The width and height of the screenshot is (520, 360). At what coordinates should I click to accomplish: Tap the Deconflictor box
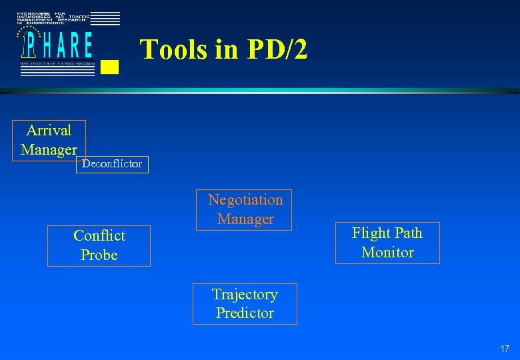point(112,164)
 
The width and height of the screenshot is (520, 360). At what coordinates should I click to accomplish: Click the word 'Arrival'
point(49,130)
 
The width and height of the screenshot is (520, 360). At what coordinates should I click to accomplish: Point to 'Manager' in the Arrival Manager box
point(49,150)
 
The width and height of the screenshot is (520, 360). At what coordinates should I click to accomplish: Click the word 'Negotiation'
point(245,200)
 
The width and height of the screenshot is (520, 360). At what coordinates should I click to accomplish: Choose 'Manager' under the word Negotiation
point(245,219)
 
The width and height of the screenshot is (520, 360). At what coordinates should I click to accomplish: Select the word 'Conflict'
point(99,236)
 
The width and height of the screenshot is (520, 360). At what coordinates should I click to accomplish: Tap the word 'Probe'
point(99,255)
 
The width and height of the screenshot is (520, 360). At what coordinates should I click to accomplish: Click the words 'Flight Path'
point(387,233)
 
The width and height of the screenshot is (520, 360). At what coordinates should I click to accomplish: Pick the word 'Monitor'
point(387,253)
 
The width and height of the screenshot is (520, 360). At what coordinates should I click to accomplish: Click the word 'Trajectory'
point(245,295)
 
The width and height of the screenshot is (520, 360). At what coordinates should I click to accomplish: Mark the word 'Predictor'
point(245,313)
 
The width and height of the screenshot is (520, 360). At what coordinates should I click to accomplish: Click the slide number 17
point(505,349)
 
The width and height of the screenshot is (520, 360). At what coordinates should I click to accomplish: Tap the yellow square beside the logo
point(111,66)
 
